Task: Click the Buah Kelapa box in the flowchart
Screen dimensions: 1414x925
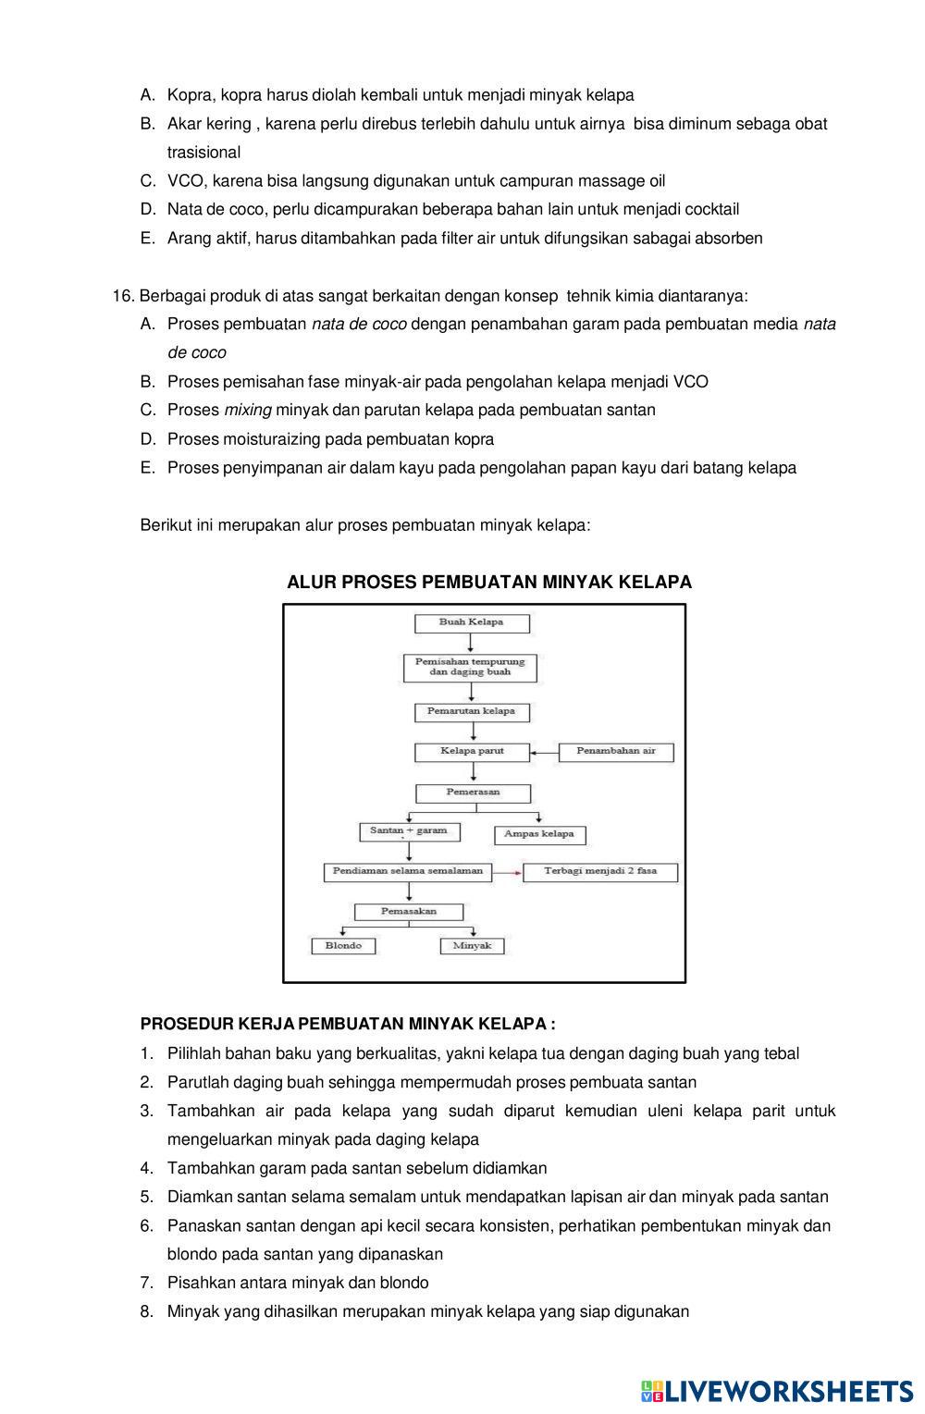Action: click(x=472, y=623)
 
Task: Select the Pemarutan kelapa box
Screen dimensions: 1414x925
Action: click(x=472, y=712)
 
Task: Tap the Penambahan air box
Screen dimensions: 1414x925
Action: click(x=616, y=752)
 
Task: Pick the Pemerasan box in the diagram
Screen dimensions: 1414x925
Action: click(x=473, y=793)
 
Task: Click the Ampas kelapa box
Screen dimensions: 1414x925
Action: click(x=539, y=834)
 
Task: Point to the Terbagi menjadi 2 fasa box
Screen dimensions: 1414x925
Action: click(x=600, y=872)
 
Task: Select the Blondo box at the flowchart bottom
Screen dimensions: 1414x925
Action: click(x=343, y=946)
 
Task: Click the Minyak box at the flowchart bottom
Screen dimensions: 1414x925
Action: click(x=472, y=946)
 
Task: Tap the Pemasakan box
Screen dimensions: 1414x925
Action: click(x=409, y=912)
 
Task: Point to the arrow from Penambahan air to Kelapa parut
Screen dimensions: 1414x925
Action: click(x=544, y=753)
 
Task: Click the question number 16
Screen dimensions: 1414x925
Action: click(x=123, y=296)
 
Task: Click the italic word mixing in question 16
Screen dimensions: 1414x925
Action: click(x=247, y=410)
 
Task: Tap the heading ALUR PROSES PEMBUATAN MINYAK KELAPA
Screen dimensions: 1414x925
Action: click(x=489, y=582)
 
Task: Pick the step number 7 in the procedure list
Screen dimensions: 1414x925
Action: click(x=146, y=1283)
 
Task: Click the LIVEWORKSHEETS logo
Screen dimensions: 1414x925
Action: click(x=776, y=1392)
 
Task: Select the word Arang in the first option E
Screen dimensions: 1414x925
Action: click(x=189, y=239)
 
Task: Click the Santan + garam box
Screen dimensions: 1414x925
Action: click(x=408, y=831)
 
